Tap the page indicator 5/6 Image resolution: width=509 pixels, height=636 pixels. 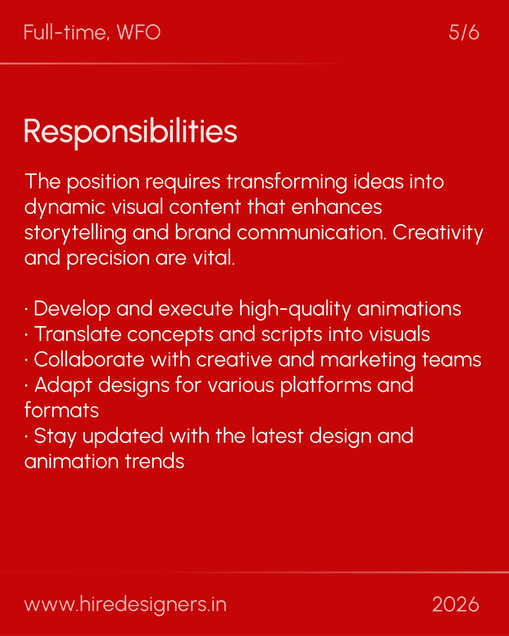coord(464,32)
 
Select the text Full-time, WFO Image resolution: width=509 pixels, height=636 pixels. coord(92,32)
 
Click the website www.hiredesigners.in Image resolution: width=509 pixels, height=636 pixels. coord(125,605)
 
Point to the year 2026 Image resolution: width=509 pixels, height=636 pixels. coord(455,605)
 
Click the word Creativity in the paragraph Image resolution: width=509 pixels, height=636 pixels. coord(438,233)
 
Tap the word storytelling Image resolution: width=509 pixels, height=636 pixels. coord(75,233)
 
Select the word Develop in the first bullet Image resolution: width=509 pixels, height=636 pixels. coord(72,309)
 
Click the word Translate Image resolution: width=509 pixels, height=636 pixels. coord(78,335)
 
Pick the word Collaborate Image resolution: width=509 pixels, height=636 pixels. coord(89,360)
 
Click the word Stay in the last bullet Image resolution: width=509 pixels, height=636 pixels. coord(55,436)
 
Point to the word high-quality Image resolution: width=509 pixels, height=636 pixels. coord(295,309)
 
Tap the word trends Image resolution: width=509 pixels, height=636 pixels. coord(155,462)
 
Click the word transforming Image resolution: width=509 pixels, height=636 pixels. coord(287,182)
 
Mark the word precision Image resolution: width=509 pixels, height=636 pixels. coord(108,258)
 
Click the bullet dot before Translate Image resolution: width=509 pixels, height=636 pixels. coord(26,335)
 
